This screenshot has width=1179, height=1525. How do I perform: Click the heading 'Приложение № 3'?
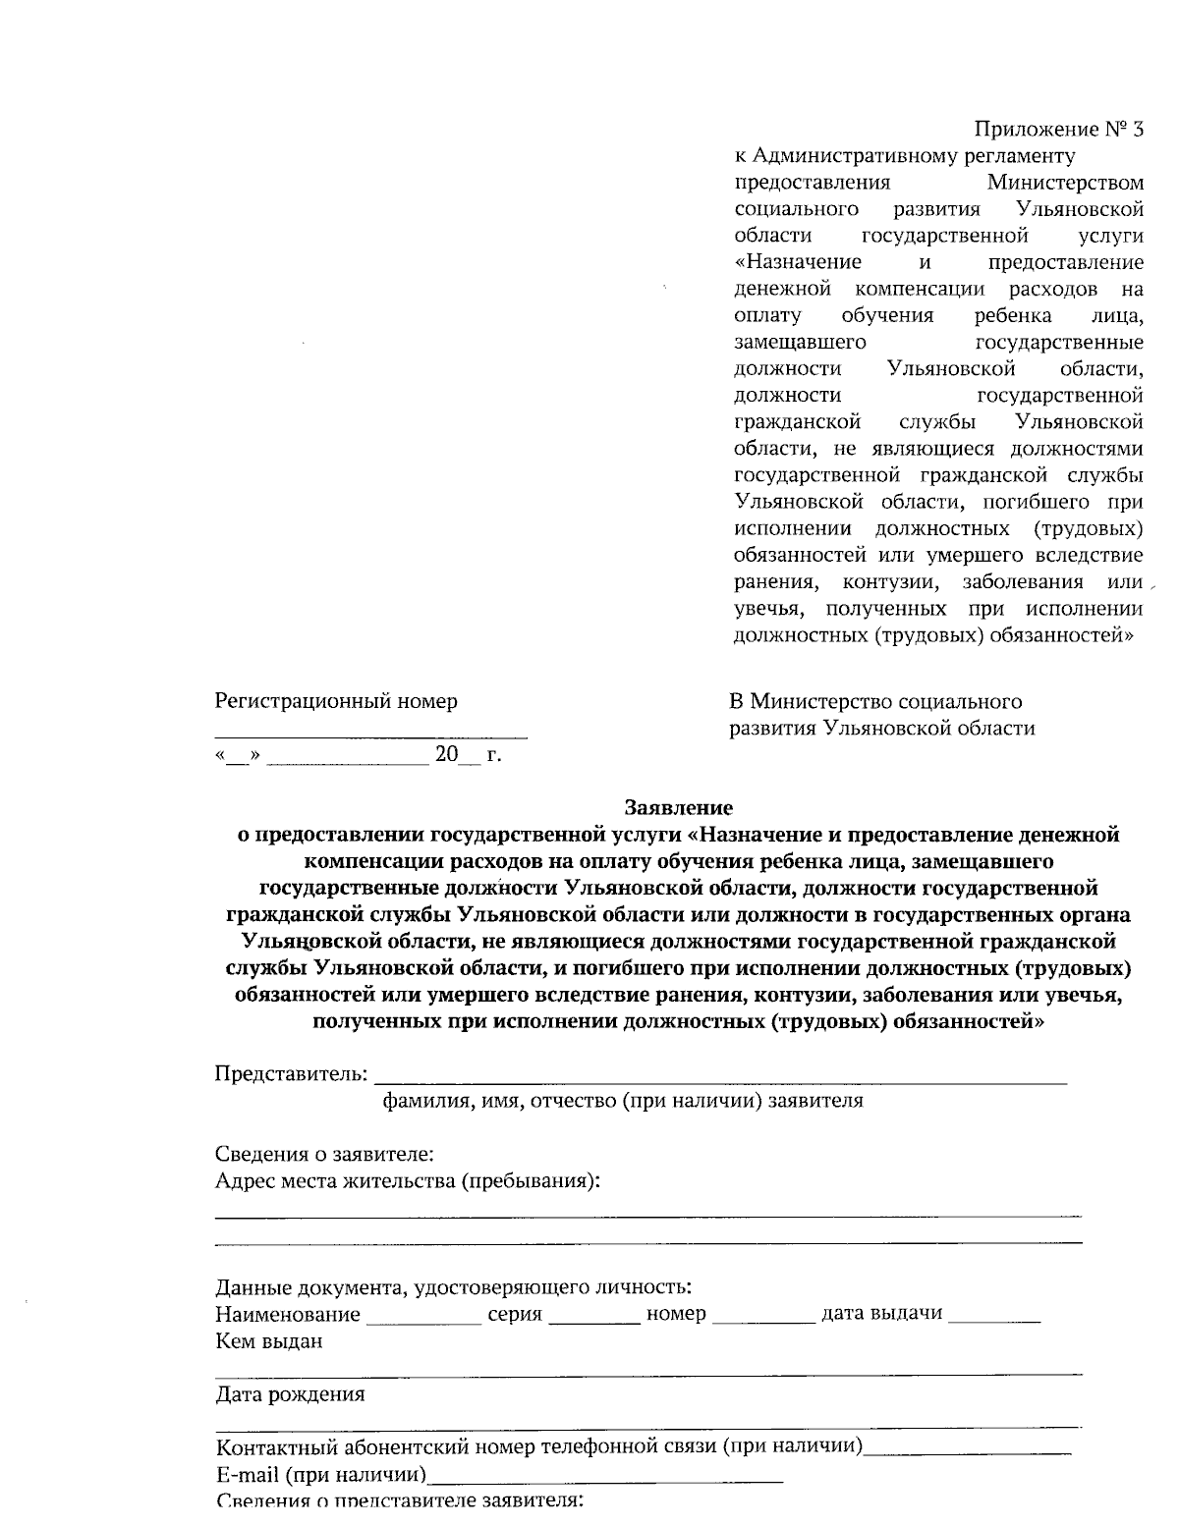(1059, 130)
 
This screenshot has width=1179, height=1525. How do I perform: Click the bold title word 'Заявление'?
(678, 808)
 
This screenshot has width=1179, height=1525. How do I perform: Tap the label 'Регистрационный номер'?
(336, 702)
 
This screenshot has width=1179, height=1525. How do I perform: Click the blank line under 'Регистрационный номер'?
(370, 735)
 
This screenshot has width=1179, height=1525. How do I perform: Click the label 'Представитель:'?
(293, 1072)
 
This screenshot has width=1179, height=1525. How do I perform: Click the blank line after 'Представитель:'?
(722, 1080)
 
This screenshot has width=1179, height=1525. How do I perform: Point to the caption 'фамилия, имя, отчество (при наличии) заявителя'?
(623, 1100)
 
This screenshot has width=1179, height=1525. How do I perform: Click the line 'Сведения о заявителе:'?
(324, 1153)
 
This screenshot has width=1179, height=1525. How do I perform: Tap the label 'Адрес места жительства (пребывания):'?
(408, 1180)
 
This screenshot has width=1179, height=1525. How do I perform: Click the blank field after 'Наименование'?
(423, 1321)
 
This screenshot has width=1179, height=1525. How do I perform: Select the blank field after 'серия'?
(593, 1321)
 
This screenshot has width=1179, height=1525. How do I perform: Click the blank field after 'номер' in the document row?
(762, 1321)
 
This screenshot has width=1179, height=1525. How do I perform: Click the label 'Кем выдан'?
(269, 1341)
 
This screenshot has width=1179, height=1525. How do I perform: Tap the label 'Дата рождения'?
(290, 1394)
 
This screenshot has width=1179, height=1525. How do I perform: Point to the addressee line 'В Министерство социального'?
(874, 702)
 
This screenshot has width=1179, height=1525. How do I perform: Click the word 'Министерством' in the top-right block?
(1065, 183)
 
